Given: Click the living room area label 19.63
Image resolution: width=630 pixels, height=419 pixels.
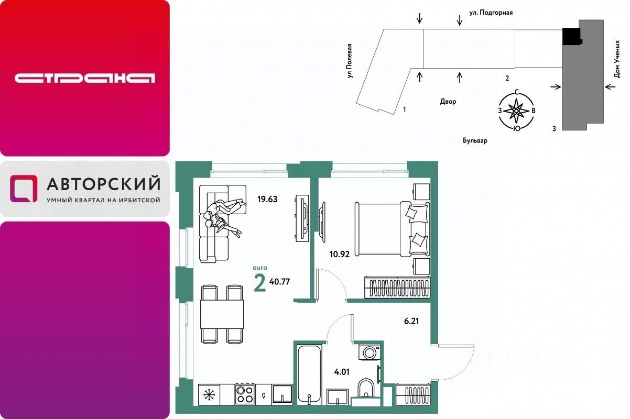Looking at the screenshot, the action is pyautogui.click(x=267, y=199).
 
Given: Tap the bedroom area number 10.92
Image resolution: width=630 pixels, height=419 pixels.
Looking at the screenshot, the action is pyautogui.click(x=340, y=255).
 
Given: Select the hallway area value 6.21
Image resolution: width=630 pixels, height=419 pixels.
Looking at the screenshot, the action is pyautogui.click(x=411, y=321).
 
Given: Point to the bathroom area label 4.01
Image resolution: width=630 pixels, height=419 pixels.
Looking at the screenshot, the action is pyautogui.click(x=342, y=372).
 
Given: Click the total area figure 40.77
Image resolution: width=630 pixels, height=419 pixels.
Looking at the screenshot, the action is pyautogui.click(x=279, y=282).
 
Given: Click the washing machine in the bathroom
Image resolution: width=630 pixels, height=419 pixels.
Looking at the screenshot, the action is pyautogui.click(x=370, y=352).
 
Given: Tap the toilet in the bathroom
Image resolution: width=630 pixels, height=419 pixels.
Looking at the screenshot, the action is pyautogui.click(x=366, y=389).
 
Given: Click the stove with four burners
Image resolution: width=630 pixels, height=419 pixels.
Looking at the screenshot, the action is pyautogui.click(x=245, y=394).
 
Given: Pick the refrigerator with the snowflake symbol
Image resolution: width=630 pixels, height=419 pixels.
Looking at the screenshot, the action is pyautogui.click(x=209, y=395).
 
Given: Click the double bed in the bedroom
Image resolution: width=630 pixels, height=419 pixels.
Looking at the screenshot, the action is pyautogui.click(x=393, y=228).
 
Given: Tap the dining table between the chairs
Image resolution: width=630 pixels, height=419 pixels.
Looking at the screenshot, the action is pyautogui.click(x=222, y=314).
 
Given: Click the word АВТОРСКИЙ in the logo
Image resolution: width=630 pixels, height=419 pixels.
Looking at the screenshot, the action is pyautogui.click(x=104, y=183).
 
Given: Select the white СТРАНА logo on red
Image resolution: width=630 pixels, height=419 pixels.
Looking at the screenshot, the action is pyautogui.click(x=85, y=78).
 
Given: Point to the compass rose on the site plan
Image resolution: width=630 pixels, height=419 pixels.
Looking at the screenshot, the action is pyautogui.click(x=516, y=111).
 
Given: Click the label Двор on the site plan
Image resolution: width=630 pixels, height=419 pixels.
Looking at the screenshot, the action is pyautogui.click(x=448, y=102).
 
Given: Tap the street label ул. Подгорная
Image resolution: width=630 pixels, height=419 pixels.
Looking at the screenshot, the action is pyautogui.click(x=491, y=13).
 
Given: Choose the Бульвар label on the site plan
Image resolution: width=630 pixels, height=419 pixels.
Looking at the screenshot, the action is pyautogui.click(x=475, y=140).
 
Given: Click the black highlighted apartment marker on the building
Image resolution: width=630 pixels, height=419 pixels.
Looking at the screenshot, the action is pyautogui.click(x=571, y=36).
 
